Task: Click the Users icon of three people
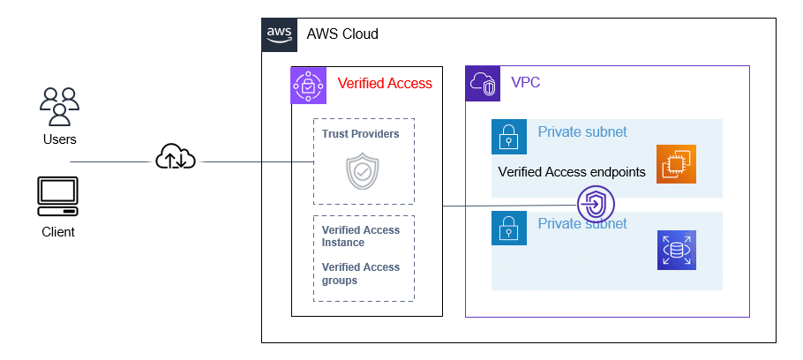click(x=59, y=106)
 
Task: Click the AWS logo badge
click(x=279, y=34)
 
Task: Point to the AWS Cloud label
click(x=342, y=34)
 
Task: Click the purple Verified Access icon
click(x=309, y=84)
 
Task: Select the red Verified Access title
click(x=385, y=84)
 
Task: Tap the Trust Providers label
click(x=361, y=134)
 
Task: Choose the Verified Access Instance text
click(x=361, y=236)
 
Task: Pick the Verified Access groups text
click(x=361, y=274)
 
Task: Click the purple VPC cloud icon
click(x=483, y=83)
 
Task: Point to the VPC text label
click(x=526, y=83)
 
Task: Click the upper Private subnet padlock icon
click(x=508, y=137)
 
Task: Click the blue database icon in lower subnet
click(x=676, y=250)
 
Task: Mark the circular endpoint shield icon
click(x=597, y=205)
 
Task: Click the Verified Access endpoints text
click(x=572, y=172)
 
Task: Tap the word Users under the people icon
click(x=59, y=139)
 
